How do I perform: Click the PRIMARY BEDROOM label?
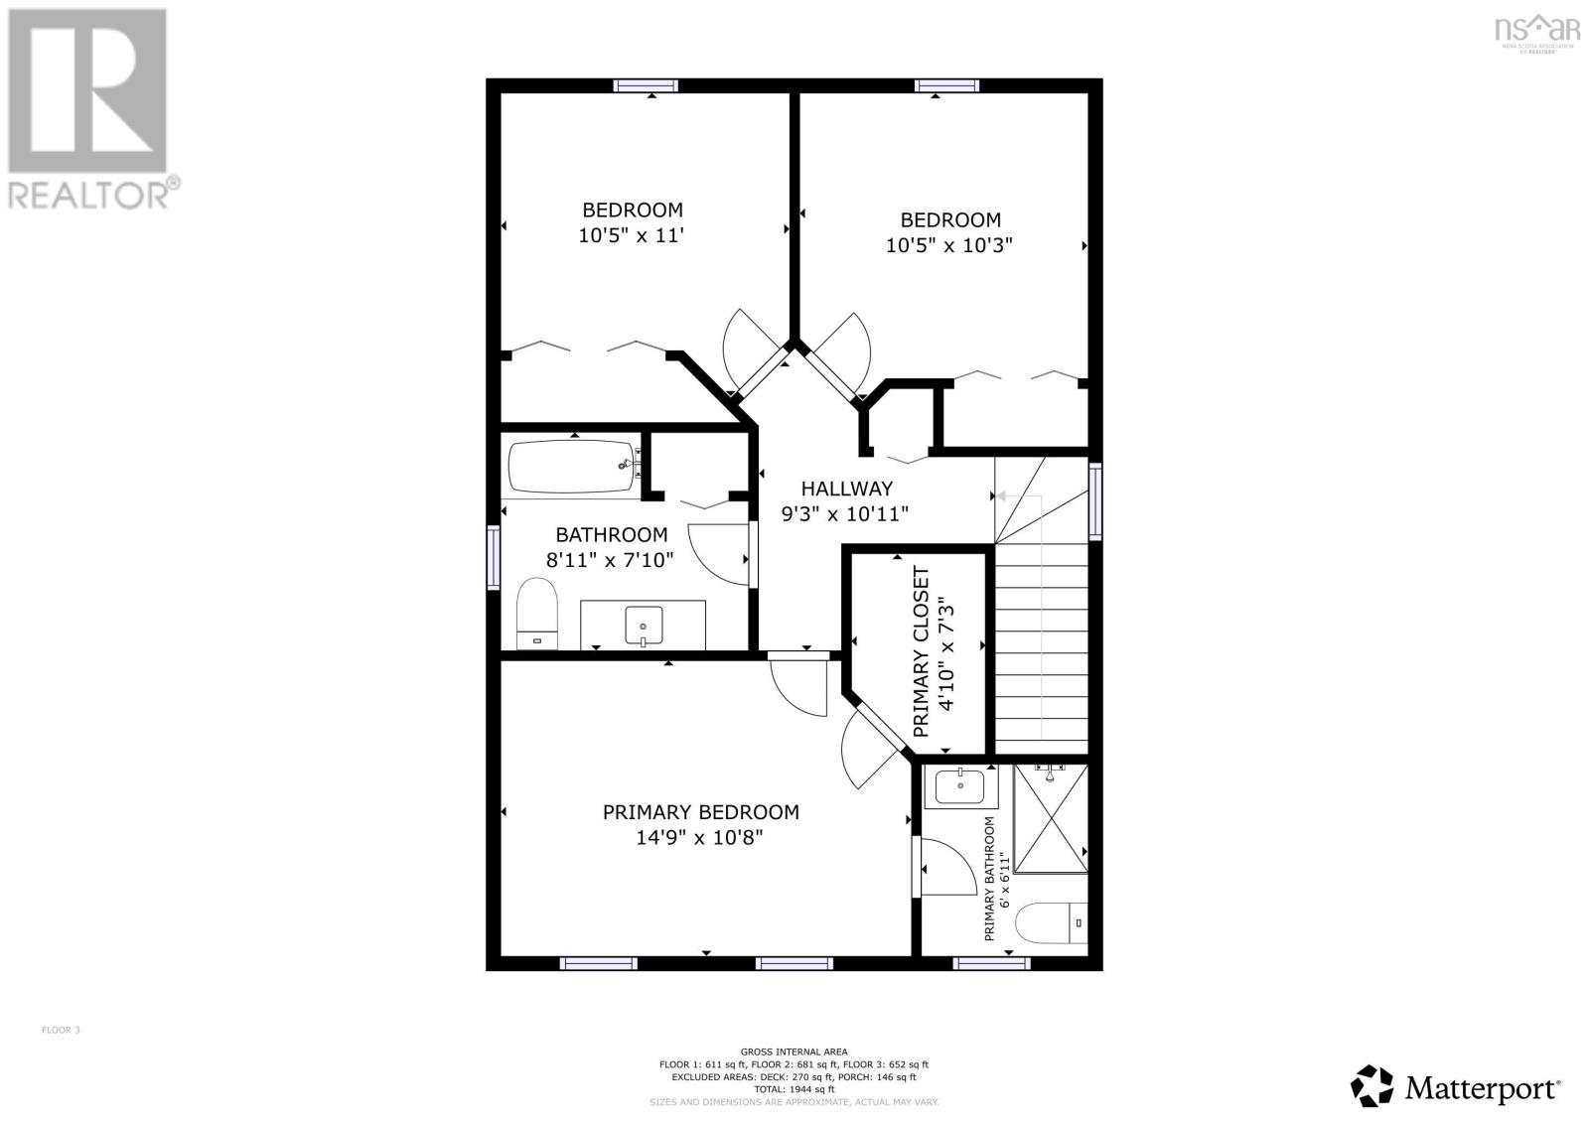coord(700,812)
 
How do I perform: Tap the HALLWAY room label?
coord(846,489)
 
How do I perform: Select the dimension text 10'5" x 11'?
coord(632,235)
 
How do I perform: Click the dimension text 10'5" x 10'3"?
coord(948,245)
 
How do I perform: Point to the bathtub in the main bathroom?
coord(571,467)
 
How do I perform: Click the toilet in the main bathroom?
coord(537,614)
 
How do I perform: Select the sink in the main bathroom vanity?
coord(644,627)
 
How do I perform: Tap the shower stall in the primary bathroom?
coord(1050,820)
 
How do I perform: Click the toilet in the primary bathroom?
coord(1051,922)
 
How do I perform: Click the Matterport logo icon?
coord(1372,1086)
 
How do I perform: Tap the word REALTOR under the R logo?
coord(87,194)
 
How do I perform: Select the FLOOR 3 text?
coord(61,1030)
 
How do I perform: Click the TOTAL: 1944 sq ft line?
coord(794,1089)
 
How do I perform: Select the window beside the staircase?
coord(1095,500)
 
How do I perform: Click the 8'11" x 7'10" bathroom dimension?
coord(610,560)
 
